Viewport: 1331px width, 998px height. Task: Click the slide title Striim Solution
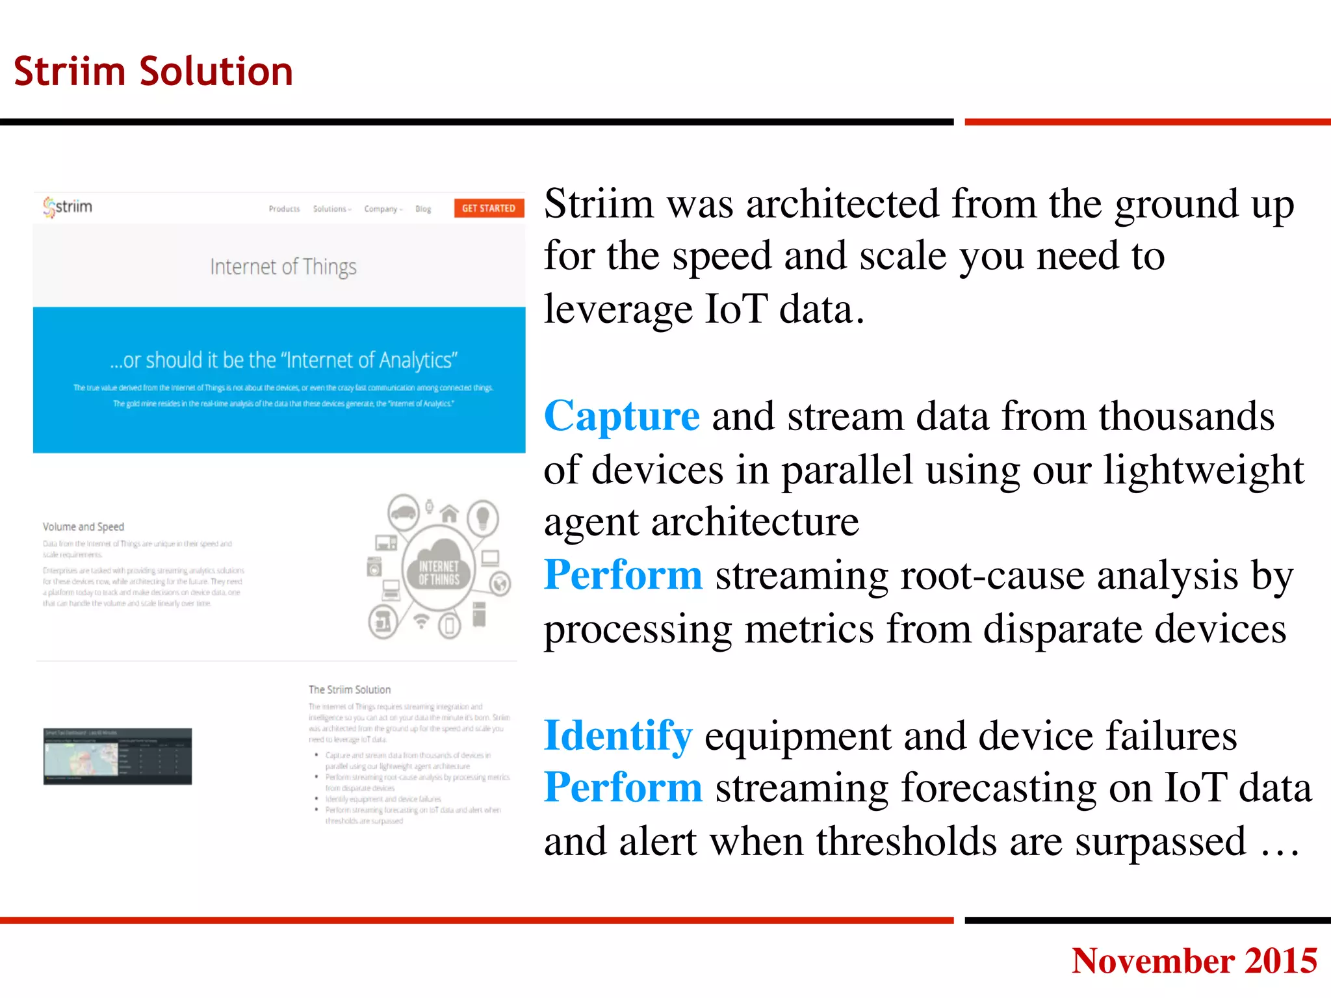153,71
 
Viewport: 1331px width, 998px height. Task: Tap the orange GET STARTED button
489,208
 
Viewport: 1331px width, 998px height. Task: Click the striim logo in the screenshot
68,207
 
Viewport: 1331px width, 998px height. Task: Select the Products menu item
284,209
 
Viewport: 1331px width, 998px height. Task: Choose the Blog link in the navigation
423,209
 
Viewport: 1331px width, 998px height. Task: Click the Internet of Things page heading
283,266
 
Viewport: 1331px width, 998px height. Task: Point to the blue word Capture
622,416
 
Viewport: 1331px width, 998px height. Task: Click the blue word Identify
618,736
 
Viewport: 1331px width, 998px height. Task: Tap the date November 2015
1195,960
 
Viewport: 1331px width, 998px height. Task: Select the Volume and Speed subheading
83,526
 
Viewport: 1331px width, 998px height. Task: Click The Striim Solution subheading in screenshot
350,689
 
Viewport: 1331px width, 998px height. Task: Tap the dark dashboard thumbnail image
118,756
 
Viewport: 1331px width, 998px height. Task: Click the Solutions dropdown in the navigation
331,209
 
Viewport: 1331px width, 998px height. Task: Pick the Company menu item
383,209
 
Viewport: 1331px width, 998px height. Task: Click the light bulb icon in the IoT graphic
483,517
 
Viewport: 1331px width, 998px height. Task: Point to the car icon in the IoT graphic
404,512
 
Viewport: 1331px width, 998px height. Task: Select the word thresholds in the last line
906,841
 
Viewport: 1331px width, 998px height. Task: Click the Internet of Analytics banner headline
283,360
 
